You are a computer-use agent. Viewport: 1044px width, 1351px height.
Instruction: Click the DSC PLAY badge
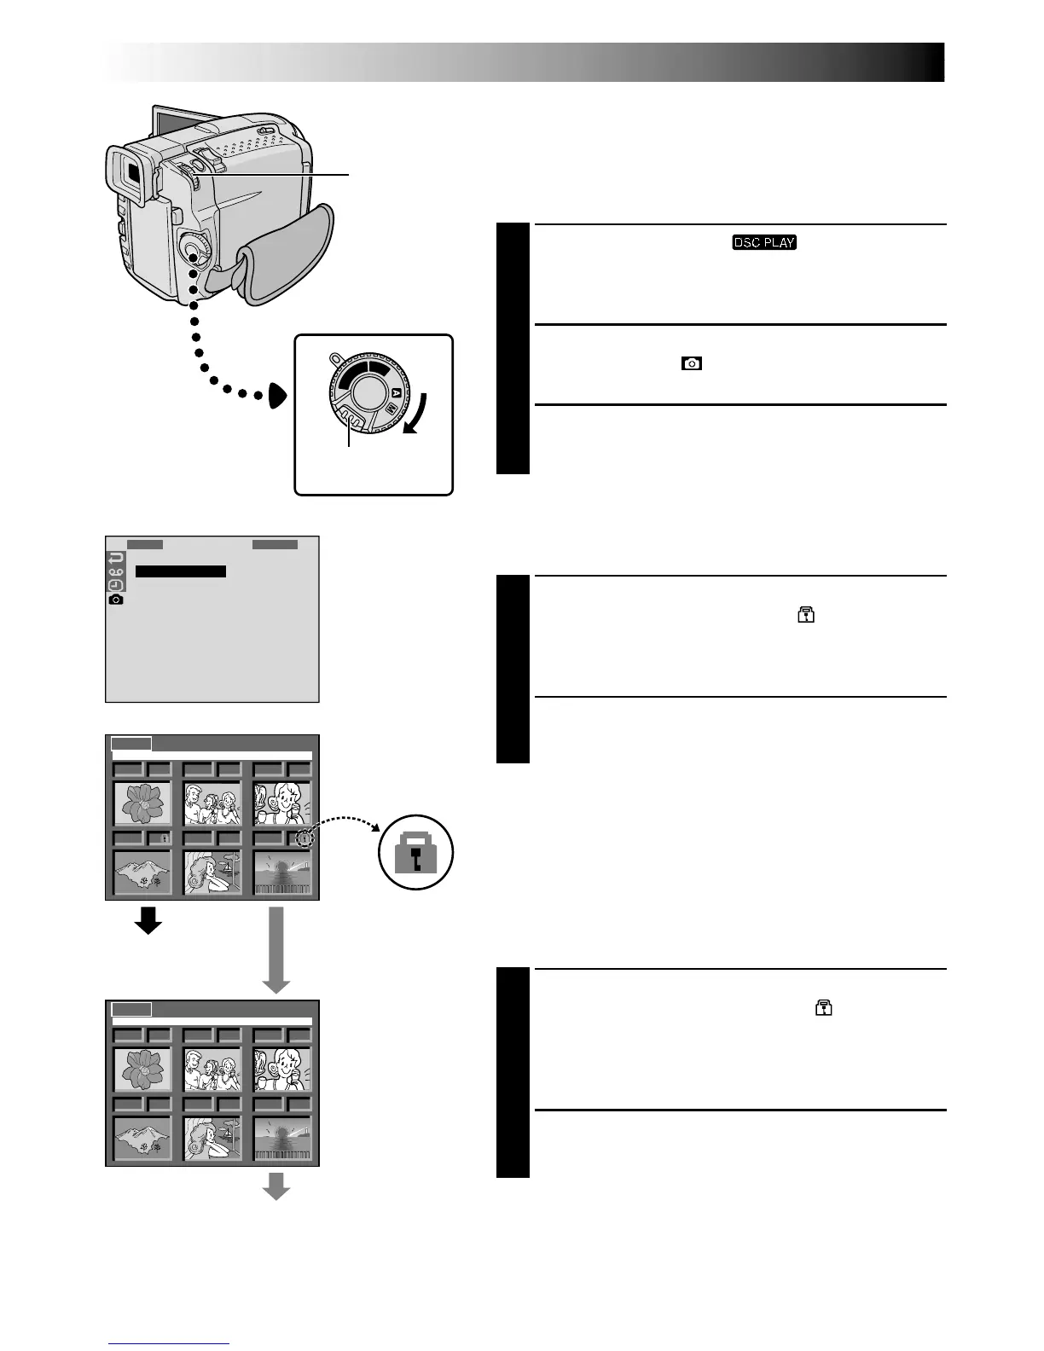763,242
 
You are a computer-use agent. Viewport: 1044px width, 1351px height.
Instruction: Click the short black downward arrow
148,920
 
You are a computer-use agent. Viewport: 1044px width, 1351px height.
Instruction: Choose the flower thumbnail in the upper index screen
142,803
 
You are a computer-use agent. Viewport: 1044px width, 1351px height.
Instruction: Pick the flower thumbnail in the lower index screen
142,1069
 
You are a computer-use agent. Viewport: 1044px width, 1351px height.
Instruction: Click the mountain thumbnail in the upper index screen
142,872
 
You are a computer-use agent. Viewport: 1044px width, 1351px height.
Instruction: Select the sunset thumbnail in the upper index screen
282,872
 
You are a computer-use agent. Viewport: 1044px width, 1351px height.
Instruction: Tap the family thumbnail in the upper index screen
212,803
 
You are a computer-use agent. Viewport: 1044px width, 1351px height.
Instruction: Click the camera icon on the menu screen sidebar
116,600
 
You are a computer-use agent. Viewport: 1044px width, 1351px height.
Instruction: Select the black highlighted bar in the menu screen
181,571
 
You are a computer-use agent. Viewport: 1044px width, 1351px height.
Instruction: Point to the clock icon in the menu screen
116,585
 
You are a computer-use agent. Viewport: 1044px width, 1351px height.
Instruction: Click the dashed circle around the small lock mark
304,839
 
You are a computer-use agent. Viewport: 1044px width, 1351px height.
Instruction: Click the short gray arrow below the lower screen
275,1186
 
